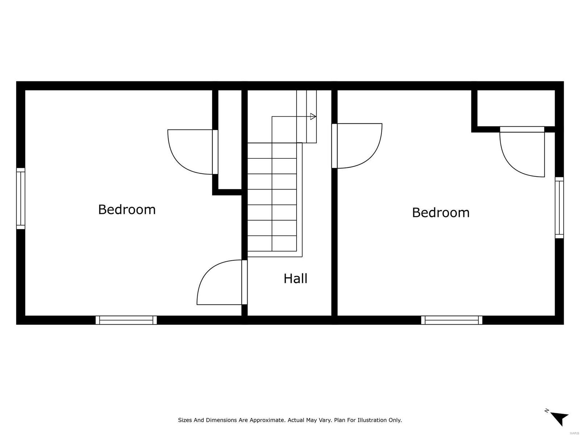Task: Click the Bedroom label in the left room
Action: [x=127, y=210]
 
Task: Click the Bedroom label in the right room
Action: [x=440, y=212]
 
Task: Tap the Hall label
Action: [x=295, y=279]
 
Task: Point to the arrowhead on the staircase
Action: [x=313, y=116]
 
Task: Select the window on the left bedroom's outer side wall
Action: [x=21, y=198]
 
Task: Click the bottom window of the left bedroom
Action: [x=126, y=320]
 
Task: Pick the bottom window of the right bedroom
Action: [x=452, y=320]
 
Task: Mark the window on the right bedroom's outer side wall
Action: [x=559, y=208]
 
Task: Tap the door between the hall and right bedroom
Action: [x=357, y=146]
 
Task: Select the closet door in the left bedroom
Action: [x=191, y=152]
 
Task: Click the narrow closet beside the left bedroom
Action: [x=230, y=140]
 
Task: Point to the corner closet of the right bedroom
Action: [x=515, y=108]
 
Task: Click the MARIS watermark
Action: [x=574, y=434]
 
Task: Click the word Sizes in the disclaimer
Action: [x=185, y=420]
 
